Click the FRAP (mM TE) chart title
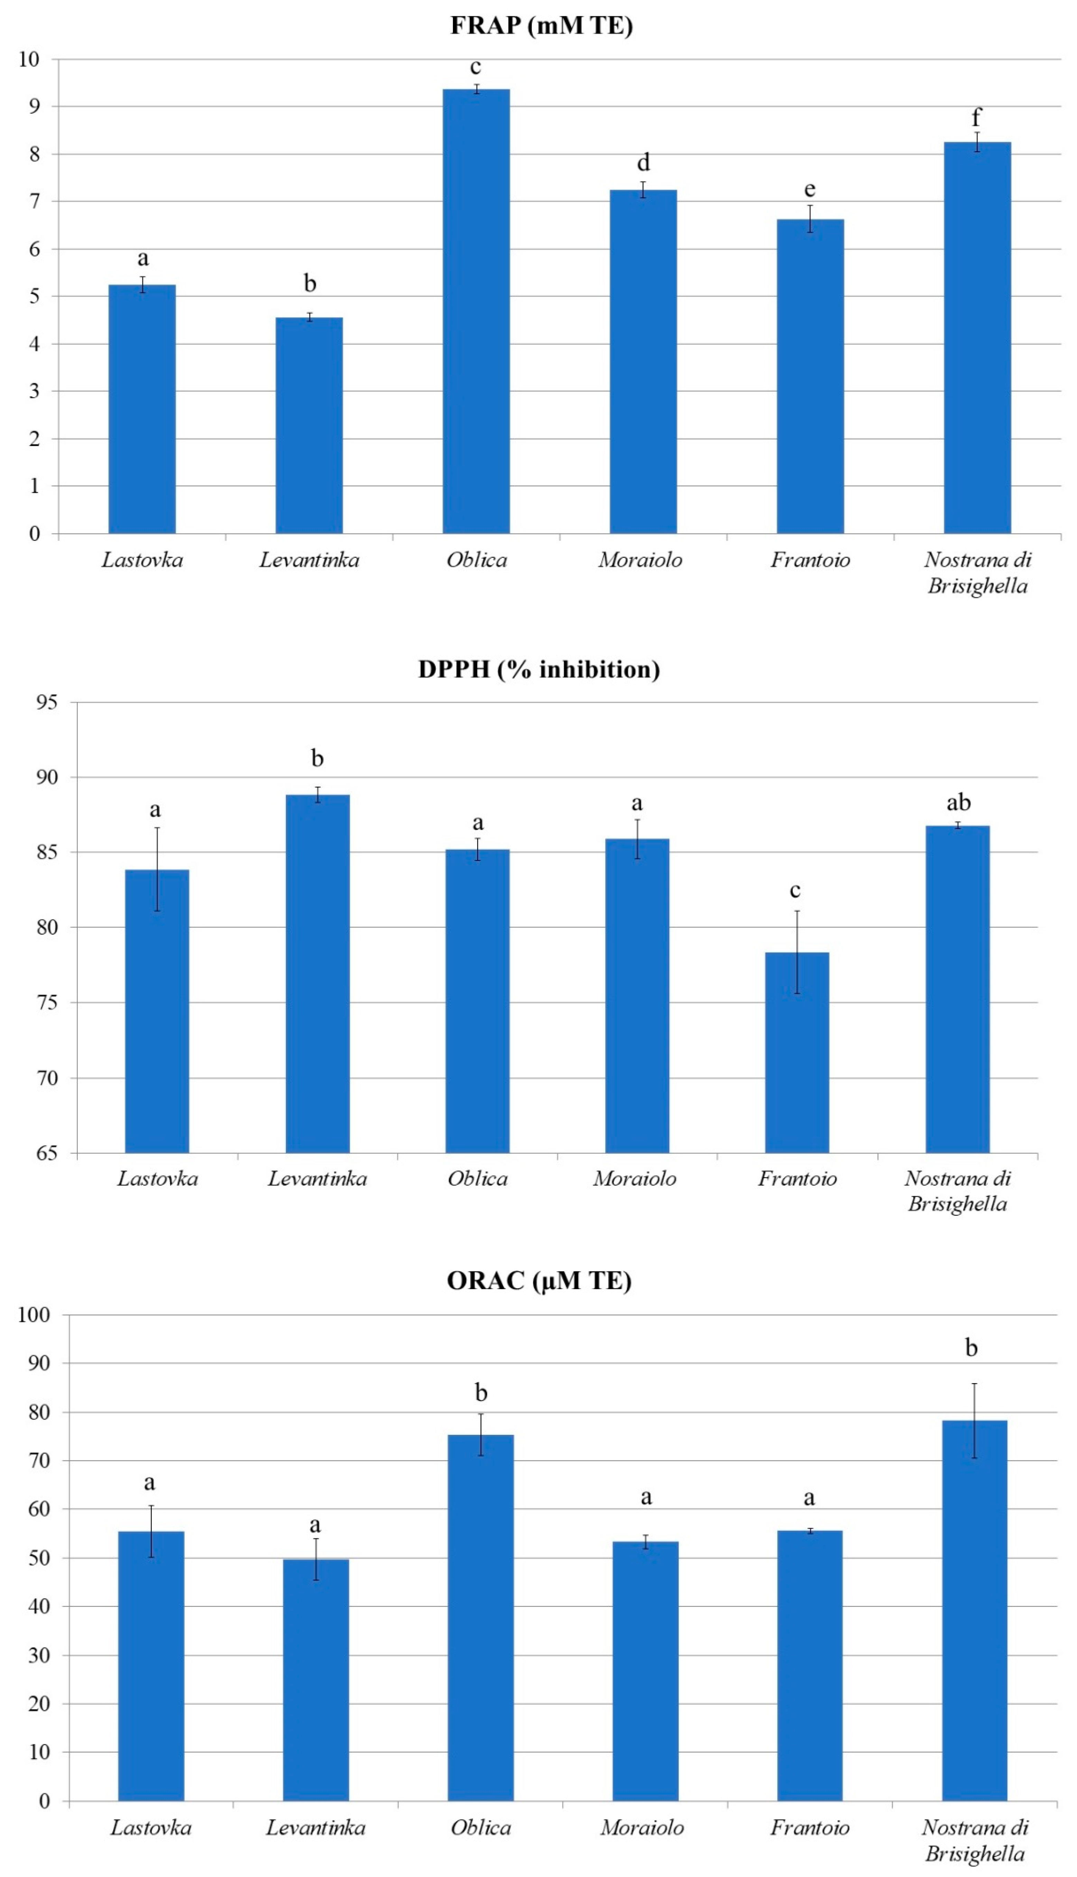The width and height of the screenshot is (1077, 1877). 541,26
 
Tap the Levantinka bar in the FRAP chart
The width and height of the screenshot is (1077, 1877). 309,425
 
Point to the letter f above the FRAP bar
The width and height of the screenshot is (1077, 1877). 976,117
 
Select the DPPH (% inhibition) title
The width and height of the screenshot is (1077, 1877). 539,669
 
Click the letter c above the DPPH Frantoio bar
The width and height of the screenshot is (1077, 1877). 795,890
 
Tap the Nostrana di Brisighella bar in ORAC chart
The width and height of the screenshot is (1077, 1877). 974,1612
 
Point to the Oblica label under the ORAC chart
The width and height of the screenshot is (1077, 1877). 481,1828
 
